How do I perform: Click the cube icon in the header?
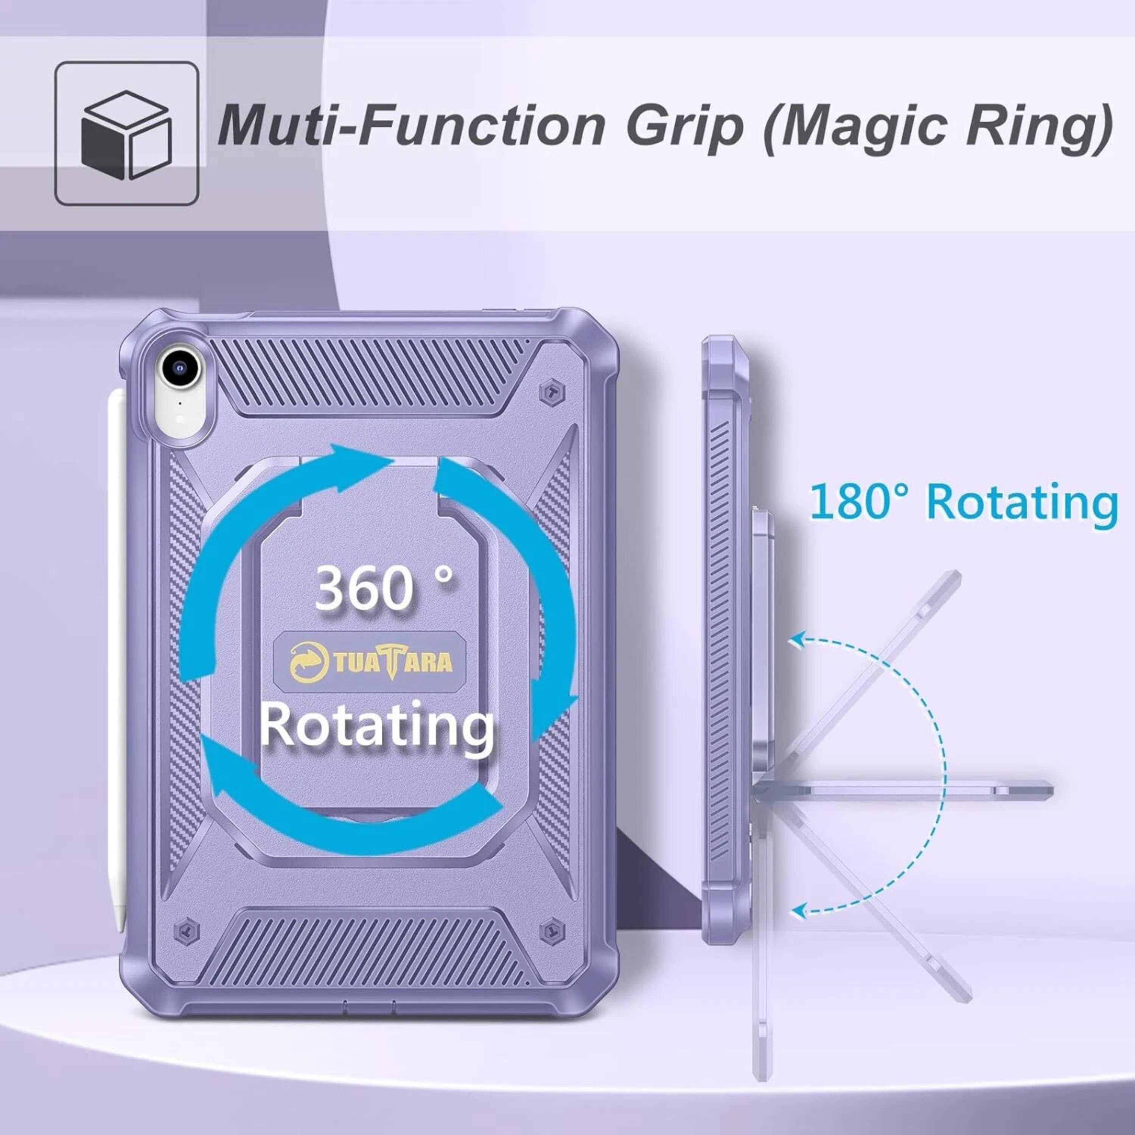coord(126,134)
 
